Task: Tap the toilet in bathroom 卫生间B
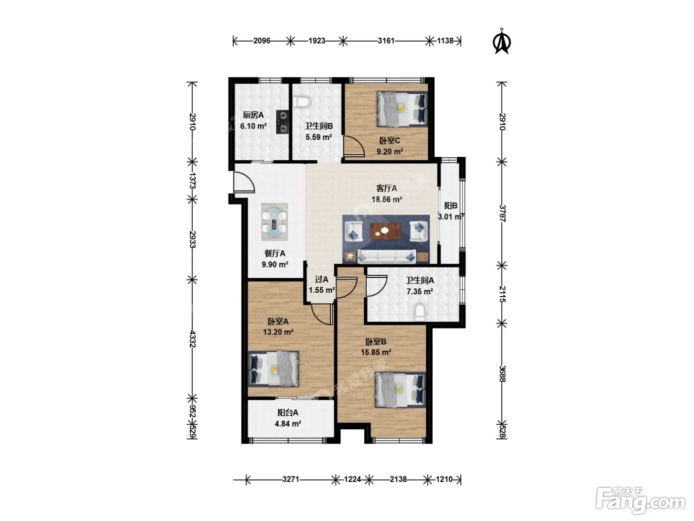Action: pyautogui.click(x=301, y=102)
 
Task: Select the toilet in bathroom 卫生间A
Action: pyautogui.click(x=419, y=312)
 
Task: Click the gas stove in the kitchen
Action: pyautogui.click(x=61, y=122)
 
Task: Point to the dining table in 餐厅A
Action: pyautogui.click(x=275, y=222)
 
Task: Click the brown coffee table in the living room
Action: pyautogui.click(x=386, y=231)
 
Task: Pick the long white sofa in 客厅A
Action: pyautogui.click(x=387, y=257)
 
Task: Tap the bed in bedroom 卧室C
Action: pyautogui.click(x=402, y=109)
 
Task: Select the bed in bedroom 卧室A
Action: pyautogui.click(x=274, y=369)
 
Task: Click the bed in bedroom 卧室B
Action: pyautogui.click(x=400, y=390)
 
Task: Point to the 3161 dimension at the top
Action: pyautogui.click(x=386, y=41)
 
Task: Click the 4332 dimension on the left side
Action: pyautogui.click(x=192, y=338)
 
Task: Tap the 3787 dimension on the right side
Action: pyautogui.click(x=502, y=213)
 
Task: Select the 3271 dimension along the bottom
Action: pyautogui.click(x=290, y=479)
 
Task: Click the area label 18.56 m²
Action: pyautogui.click(x=387, y=199)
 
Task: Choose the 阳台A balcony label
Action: pyautogui.click(x=288, y=412)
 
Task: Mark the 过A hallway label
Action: pyautogui.click(x=322, y=279)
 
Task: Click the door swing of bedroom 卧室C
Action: pyautogui.click(x=354, y=146)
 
